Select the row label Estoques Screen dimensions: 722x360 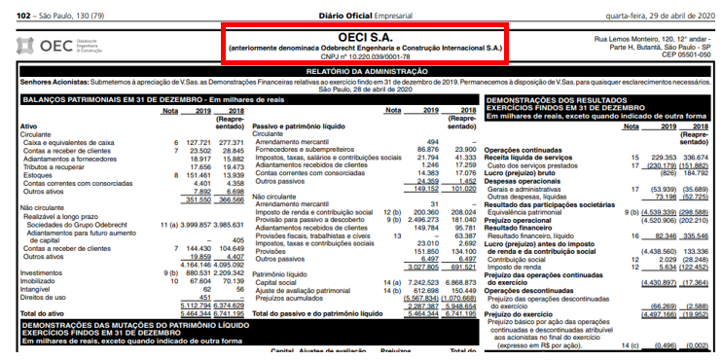[x=38, y=174]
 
